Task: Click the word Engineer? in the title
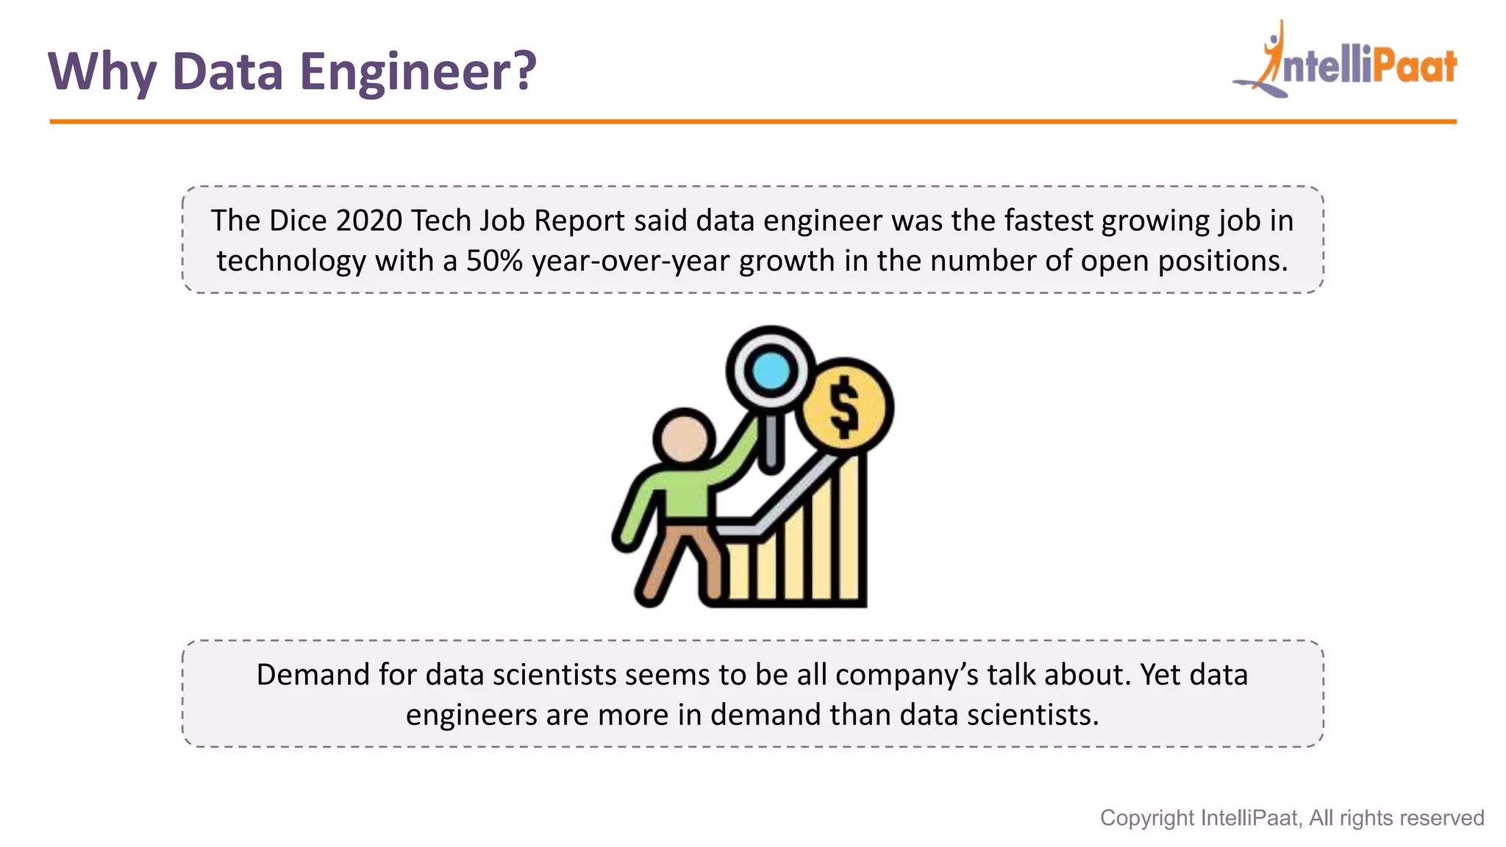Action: [418, 72]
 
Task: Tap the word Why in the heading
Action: [101, 72]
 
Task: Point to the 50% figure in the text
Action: [494, 261]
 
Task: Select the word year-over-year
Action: [630, 261]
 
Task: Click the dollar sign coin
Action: [845, 407]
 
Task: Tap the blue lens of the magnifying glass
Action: [771, 370]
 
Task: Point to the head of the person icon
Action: [684, 438]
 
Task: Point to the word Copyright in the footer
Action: [1146, 818]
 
